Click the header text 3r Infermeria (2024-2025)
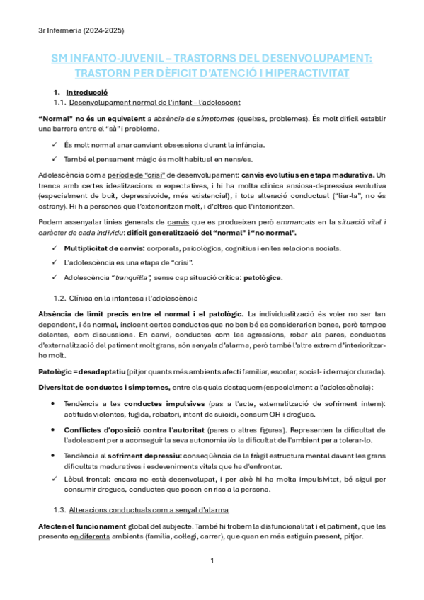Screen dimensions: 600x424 [x=81, y=30]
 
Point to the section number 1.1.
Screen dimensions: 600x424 [x=60, y=103]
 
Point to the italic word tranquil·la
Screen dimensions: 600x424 [x=137, y=277]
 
